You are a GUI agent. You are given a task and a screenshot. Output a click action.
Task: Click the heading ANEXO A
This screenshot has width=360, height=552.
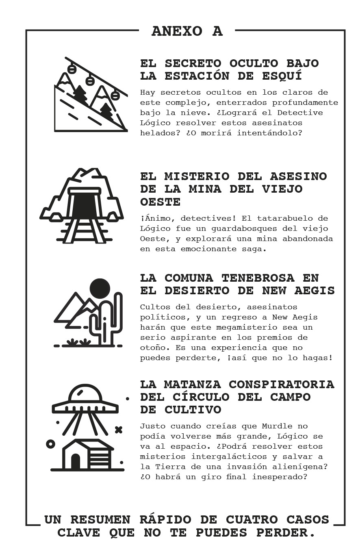click(x=187, y=31)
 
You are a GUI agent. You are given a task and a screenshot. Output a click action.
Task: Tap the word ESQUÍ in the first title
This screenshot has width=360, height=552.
click(x=282, y=76)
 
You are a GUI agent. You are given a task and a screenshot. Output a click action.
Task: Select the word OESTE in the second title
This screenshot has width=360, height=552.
click(x=160, y=202)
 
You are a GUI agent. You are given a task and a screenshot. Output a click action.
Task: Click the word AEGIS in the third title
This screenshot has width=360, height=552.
click(x=314, y=291)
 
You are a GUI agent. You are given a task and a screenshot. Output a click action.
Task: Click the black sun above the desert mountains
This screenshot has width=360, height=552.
click(x=100, y=289)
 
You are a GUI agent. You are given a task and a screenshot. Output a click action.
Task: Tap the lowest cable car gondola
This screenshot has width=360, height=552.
click(x=115, y=95)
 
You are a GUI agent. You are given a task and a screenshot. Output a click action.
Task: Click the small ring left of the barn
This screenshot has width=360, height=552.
click(x=50, y=444)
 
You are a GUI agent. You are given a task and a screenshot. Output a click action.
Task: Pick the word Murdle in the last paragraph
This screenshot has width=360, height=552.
click(x=277, y=426)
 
